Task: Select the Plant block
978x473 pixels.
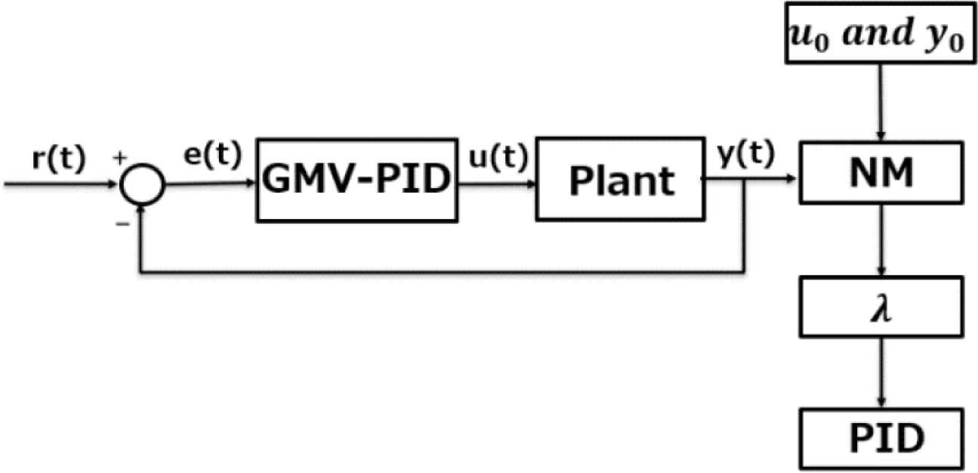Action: pyautogui.click(x=621, y=180)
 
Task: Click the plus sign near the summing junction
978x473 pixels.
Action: pyautogui.click(x=117, y=160)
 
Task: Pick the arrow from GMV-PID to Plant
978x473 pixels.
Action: pyautogui.click(x=497, y=181)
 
